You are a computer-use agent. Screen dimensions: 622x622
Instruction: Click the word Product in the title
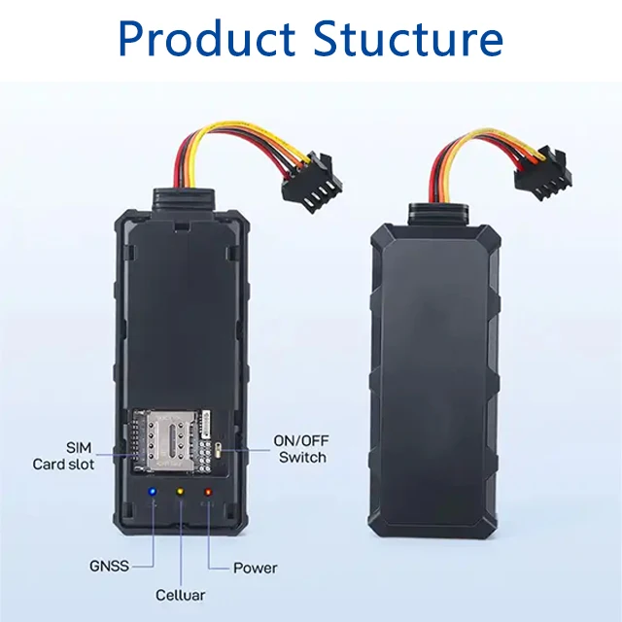point(207,39)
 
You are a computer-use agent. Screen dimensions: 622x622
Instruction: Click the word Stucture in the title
point(408,39)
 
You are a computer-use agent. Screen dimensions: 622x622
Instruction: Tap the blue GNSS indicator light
point(152,492)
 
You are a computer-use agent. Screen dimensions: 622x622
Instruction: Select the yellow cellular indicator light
point(180,492)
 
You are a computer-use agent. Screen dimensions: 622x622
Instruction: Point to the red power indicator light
point(208,492)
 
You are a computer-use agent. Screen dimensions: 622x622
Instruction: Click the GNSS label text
point(110,566)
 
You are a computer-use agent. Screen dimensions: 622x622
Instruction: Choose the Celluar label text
point(181,595)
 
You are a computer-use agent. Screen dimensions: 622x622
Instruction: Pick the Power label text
point(255,568)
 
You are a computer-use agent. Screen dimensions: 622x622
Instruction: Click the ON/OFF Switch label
point(301,449)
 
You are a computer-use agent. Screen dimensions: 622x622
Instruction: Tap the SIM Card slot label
point(63,456)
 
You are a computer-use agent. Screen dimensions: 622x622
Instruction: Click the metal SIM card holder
point(172,440)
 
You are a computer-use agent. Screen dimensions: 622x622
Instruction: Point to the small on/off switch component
point(218,450)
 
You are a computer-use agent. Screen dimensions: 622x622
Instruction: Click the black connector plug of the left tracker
point(312,182)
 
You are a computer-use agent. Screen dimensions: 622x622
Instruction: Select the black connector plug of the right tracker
point(543,173)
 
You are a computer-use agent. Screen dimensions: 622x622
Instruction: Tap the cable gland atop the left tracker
point(184,198)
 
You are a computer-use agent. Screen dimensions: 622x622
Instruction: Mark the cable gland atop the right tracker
point(439,213)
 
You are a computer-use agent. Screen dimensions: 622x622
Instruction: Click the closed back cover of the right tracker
point(434,380)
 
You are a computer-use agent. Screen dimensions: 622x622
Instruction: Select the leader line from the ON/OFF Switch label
point(246,450)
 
